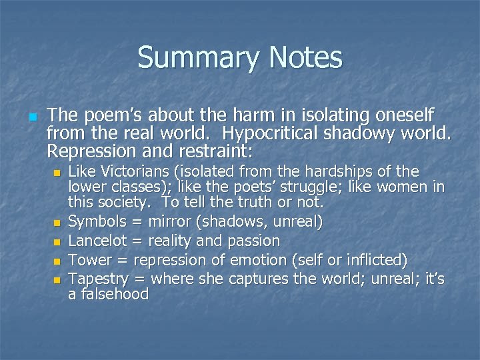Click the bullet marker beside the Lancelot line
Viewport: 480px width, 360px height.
tap(57, 241)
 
